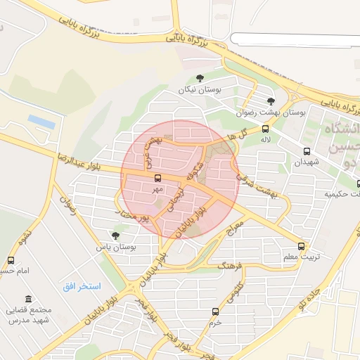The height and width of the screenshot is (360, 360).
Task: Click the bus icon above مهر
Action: click(157, 179)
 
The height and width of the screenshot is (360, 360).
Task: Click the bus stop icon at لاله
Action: click(265, 129)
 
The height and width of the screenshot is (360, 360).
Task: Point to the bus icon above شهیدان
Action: click(306, 151)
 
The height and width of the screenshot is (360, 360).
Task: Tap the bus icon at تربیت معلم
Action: click(301, 246)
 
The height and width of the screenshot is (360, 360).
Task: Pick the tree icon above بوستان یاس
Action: click(115, 236)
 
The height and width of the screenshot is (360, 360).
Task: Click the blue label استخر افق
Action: click(91, 286)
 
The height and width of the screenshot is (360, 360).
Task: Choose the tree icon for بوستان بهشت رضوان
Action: click(271, 101)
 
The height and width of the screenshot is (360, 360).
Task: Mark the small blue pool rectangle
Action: click(41, 122)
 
